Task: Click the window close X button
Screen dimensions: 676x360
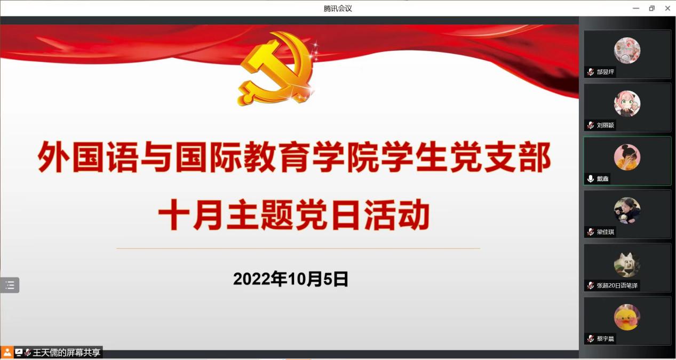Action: pyautogui.click(x=667, y=9)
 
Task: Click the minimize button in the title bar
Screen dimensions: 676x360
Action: pyautogui.click(x=636, y=9)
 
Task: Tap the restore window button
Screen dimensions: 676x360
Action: pyautogui.click(x=652, y=9)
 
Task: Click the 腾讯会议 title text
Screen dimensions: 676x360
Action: pyautogui.click(x=338, y=9)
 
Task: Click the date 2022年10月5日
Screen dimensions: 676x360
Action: pyautogui.click(x=291, y=279)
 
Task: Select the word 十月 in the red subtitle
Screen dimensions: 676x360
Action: pyautogui.click(x=189, y=214)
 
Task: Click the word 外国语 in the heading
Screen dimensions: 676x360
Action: pyautogui.click(x=88, y=157)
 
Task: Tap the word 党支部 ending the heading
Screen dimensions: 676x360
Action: pyautogui.click(x=501, y=157)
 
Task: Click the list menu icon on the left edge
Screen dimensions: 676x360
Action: pyautogui.click(x=10, y=285)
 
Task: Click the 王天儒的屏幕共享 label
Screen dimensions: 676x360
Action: pyautogui.click(x=66, y=353)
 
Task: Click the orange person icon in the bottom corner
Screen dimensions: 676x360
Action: pyautogui.click(x=7, y=352)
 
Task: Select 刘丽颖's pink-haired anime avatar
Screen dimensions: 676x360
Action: pyautogui.click(x=627, y=103)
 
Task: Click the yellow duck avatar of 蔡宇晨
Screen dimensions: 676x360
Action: pyautogui.click(x=627, y=317)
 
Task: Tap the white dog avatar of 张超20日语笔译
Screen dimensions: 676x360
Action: pyautogui.click(x=627, y=265)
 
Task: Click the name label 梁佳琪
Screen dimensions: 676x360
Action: pyautogui.click(x=606, y=232)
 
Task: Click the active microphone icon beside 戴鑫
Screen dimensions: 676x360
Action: pyautogui.click(x=591, y=179)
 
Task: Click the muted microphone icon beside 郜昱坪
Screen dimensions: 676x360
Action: pyautogui.click(x=591, y=72)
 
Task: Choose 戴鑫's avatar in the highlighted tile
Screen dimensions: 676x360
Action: pyautogui.click(x=627, y=157)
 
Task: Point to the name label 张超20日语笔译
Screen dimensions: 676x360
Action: pyautogui.click(x=617, y=285)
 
